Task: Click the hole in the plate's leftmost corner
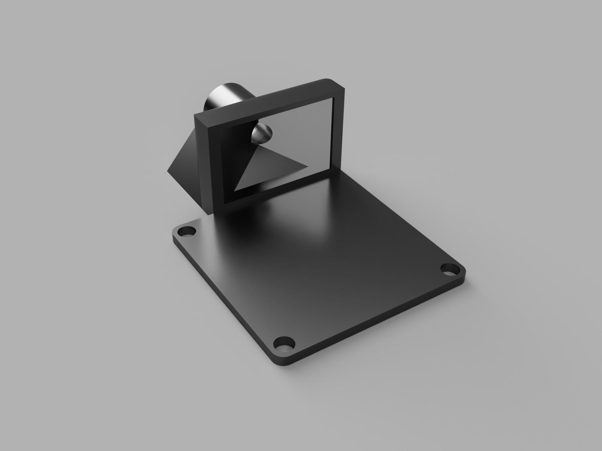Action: [187, 232]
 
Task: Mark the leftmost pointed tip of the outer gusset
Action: [168, 171]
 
